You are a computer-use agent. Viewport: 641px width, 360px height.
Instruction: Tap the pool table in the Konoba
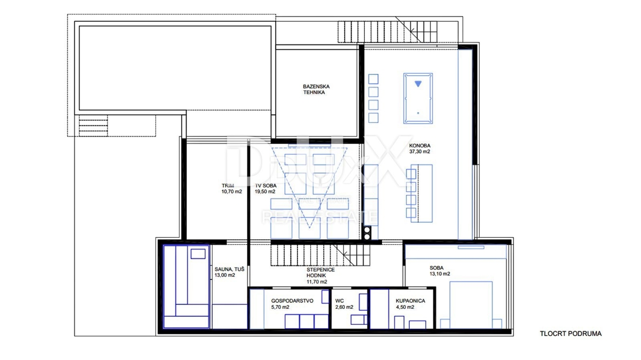coord(418,98)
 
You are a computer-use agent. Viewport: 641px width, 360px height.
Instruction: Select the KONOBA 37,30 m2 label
coord(419,148)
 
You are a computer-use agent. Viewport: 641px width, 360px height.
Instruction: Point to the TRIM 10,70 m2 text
coord(231,189)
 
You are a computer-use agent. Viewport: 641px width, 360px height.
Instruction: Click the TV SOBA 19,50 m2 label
coord(265,189)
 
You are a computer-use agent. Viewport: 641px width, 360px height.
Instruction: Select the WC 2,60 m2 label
coord(344,304)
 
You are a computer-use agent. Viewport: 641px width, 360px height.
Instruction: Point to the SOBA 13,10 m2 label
coord(440,271)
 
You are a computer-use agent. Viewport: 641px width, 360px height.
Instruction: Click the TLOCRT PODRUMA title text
coord(570,333)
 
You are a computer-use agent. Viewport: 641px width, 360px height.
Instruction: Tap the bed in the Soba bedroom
coord(471,305)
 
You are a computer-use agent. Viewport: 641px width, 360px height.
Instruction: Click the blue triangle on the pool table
coord(418,84)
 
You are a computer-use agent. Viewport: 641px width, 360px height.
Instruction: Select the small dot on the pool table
coord(418,113)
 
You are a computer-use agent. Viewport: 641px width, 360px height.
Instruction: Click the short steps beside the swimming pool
coord(93,126)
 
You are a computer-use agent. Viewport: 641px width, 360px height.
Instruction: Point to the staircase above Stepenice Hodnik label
coord(320,255)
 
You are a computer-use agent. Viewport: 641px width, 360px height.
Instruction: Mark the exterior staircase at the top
coord(387,32)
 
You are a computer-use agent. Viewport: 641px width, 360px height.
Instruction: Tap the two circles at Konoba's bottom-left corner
coord(367,233)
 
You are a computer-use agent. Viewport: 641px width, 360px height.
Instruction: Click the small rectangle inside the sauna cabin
coord(198,254)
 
